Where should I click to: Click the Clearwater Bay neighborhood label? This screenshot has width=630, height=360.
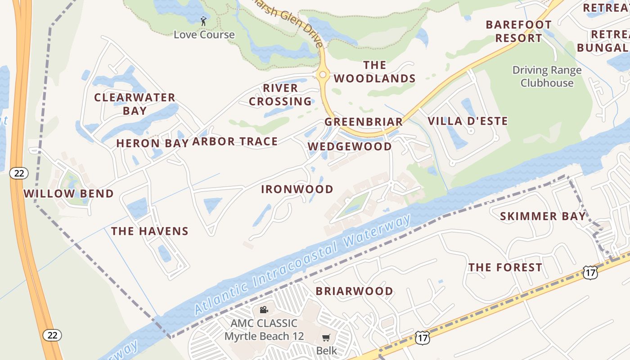point(135,104)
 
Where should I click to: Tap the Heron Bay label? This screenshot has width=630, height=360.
point(151,144)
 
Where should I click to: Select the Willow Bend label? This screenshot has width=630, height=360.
point(68,194)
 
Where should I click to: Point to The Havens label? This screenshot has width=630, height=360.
point(150,231)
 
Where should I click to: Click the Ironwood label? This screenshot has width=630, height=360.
point(297,189)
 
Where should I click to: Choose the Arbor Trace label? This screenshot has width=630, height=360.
point(235,142)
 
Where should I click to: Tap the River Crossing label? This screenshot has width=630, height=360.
point(280,95)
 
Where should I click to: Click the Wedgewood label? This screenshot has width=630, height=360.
point(350,147)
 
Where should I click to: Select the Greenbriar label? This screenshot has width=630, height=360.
point(364,122)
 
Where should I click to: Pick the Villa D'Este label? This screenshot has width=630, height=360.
point(468,121)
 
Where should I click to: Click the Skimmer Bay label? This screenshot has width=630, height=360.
point(543,216)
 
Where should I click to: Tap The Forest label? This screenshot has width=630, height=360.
point(505,268)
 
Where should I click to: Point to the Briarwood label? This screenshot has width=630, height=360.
point(354,291)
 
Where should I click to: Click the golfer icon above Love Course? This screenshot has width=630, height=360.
point(203,21)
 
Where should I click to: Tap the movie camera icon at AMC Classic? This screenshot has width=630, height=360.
point(264,310)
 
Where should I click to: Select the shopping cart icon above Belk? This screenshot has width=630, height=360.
point(326,337)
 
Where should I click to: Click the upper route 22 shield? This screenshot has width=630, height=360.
point(20,173)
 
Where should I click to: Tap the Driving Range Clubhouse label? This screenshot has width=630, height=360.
point(547,76)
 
